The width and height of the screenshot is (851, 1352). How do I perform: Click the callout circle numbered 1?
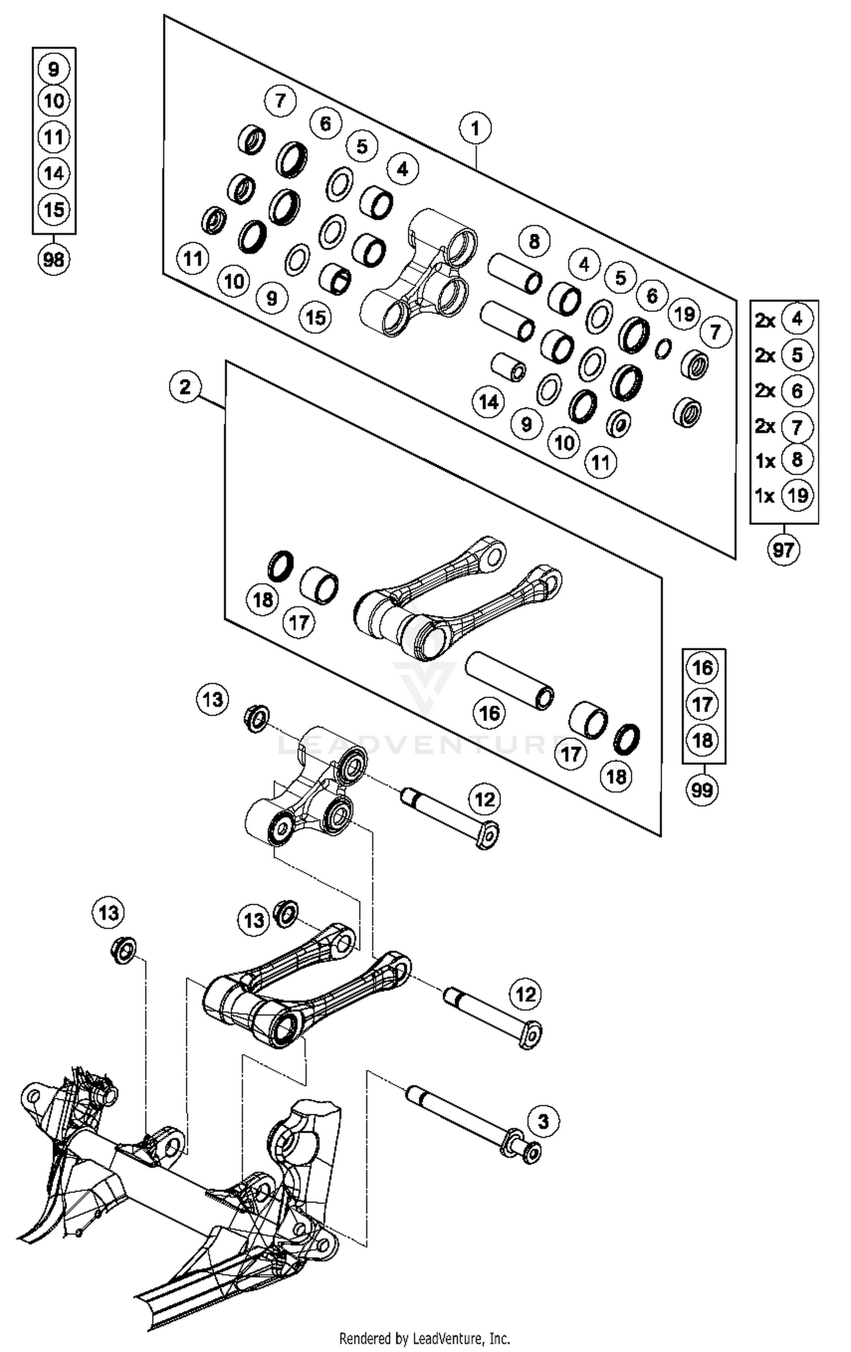(475, 128)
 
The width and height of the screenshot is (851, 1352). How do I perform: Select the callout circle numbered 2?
(185, 388)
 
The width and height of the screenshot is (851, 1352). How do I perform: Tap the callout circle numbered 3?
(544, 1122)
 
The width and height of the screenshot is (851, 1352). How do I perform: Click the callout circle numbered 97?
(783, 549)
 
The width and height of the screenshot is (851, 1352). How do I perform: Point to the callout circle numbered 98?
(53, 260)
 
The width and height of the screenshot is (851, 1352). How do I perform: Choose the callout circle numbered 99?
(702, 790)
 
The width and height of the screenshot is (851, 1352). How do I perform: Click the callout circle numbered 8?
(534, 241)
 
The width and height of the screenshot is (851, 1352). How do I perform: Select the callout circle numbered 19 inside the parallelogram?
(684, 313)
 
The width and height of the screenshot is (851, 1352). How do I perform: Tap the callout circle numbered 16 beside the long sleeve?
(490, 713)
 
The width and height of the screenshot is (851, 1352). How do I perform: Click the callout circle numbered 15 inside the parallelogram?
(315, 317)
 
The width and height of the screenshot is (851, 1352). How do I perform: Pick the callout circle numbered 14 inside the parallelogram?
(488, 402)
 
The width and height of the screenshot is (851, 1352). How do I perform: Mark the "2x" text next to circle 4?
(765, 321)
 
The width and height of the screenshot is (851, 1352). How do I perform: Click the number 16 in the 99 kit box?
(703, 667)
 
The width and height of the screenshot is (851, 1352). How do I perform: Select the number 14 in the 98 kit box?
(53, 173)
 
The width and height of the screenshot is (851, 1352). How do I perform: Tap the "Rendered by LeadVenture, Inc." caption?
(424, 1339)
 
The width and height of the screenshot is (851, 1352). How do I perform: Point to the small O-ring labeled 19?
(663, 349)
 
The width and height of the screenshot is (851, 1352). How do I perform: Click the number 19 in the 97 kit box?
(797, 496)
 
